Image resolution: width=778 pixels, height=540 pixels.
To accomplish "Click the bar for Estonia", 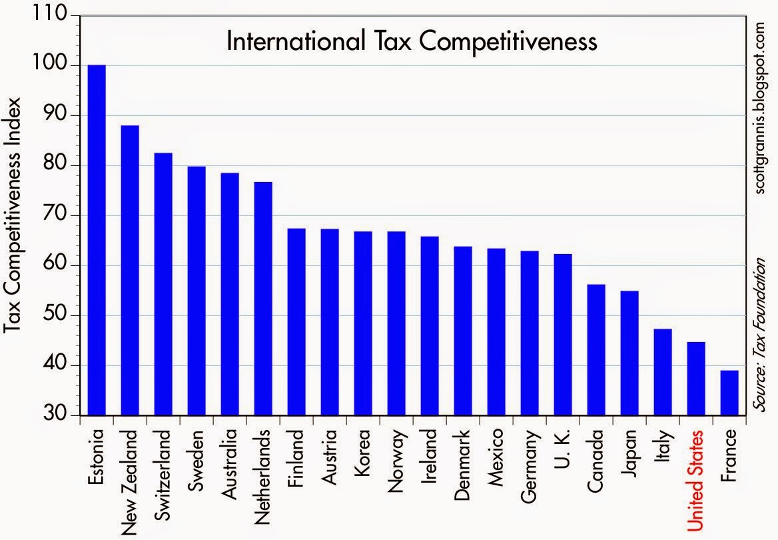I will pos(97,240).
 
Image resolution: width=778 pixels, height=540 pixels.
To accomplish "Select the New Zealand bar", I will pos(130,270).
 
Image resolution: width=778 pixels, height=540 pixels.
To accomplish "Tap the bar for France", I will pos(729,393).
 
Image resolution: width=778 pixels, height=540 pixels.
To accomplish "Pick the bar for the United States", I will pos(696,379).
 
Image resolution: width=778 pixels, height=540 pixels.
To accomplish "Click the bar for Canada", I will pos(596,349).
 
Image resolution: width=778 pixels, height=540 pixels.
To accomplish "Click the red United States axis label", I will pos(696,481).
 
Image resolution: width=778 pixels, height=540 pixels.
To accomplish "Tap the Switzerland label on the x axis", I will pos(163,475).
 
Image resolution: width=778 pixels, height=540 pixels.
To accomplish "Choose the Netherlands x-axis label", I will pos(263,475).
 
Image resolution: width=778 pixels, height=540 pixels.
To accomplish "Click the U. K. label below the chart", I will pos(563,448).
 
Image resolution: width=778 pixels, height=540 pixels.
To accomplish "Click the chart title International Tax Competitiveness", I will pos(412,41).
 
